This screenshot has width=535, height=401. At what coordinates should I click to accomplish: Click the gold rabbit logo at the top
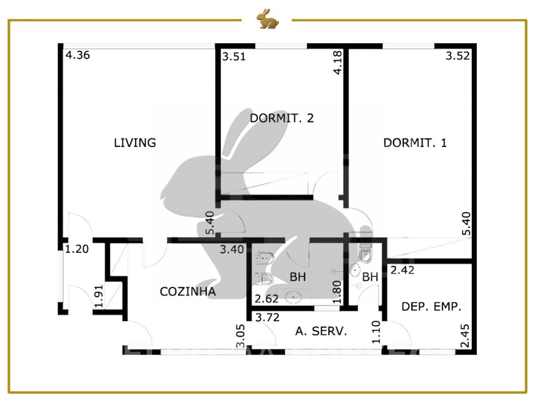tap(267, 19)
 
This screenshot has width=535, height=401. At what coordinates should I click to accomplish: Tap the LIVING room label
tap(135, 143)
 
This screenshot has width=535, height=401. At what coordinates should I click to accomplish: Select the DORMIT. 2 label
tap(282, 118)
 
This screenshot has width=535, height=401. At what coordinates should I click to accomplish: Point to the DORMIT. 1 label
tap(415, 143)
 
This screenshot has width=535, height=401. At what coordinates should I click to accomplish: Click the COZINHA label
tap(188, 292)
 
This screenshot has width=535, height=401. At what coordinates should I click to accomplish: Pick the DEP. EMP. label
tap(431, 307)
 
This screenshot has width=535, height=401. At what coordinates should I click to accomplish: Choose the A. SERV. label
tap(321, 331)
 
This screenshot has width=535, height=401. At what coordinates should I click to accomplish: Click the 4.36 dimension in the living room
tap(78, 55)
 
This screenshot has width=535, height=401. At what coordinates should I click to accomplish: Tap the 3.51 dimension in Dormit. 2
tap(234, 57)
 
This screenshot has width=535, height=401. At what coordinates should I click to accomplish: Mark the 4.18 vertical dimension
tap(338, 63)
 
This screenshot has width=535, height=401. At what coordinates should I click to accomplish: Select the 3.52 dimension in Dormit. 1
tap(458, 56)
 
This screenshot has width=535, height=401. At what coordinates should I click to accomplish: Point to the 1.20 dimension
tap(77, 249)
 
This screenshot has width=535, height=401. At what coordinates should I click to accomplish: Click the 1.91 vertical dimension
tap(99, 296)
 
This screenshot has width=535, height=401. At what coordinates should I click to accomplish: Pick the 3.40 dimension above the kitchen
tap(232, 249)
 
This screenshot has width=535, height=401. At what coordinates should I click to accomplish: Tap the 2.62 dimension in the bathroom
tap(266, 299)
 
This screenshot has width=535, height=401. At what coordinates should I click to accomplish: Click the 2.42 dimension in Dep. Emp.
tap(402, 271)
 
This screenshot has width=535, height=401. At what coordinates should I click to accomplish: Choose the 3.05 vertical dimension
tap(241, 336)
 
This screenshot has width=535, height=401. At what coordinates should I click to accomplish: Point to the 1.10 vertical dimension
tap(376, 332)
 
